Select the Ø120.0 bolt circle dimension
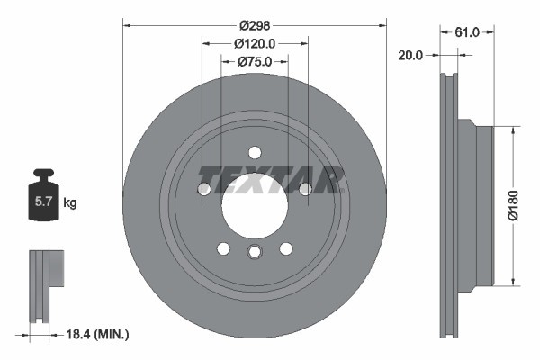coord(255,43)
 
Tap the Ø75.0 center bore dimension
coord(255,62)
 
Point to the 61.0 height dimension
coord(466,31)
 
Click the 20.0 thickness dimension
coord(410,55)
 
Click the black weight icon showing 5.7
coord(42,199)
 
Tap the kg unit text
coord(70,203)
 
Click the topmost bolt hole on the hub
coord(255,152)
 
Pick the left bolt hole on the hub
coord(203,189)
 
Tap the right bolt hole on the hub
coord(305,189)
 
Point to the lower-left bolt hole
coord(223,248)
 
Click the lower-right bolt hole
coord(285,248)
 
